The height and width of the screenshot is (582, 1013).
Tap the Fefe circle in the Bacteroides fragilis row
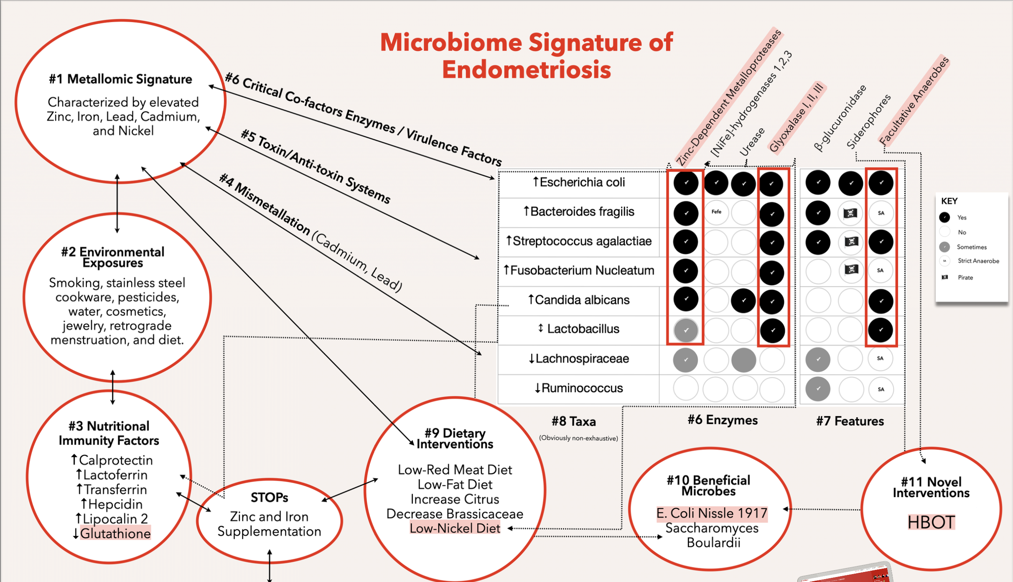point(716,212)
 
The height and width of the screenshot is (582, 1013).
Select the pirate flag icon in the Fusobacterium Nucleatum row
point(851,270)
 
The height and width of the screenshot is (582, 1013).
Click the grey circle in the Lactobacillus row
point(686,330)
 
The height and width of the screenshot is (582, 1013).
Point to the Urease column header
point(752,142)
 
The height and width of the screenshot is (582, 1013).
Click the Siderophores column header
point(868,122)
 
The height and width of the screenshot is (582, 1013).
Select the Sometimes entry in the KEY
point(971,247)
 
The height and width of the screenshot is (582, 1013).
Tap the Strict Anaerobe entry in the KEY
point(978,261)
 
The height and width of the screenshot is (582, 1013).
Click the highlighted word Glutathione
point(115,533)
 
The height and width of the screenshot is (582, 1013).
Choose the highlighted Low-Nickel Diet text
point(455,528)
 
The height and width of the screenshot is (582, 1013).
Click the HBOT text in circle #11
point(931,522)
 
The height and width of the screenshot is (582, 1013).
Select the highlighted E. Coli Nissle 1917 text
point(712,513)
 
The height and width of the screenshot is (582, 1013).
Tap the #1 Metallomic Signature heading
point(120,79)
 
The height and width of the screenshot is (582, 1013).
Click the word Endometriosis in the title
point(527,69)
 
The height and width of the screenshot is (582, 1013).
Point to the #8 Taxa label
point(573,421)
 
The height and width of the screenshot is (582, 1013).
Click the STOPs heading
point(269,498)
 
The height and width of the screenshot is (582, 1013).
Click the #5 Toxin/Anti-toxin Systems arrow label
point(316,166)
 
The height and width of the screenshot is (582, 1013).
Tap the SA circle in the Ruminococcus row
point(881,389)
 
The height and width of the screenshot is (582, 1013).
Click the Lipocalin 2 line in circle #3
point(112,519)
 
